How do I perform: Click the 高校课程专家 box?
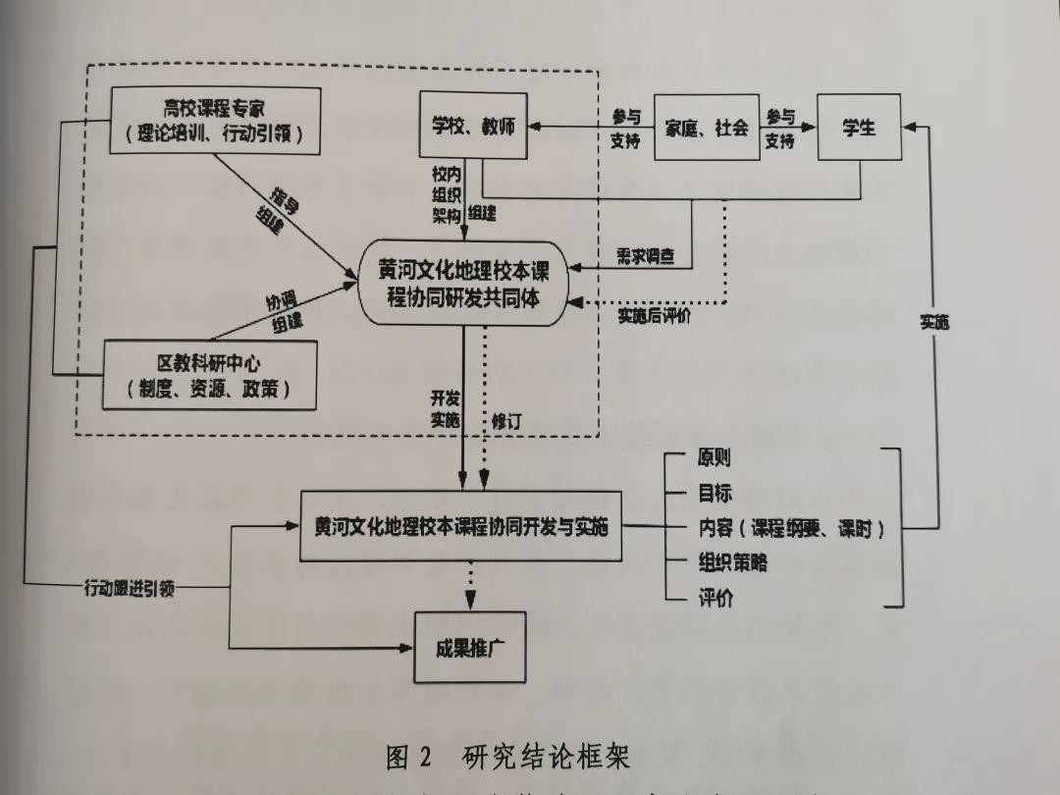pyautogui.click(x=215, y=120)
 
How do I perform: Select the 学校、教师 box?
pyautogui.click(x=473, y=127)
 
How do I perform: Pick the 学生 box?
pyautogui.click(x=859, y=128)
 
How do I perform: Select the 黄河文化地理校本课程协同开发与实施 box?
pyautogui.click(x=461, y=527)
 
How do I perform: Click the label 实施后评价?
pyautogui.click(x=655, y=316)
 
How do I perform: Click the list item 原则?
pyautogui.click(x=714, y=458)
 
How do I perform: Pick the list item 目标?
pyautogui.click(x=715, y=494)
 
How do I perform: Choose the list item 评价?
pyautogui.click(x=715, y=598)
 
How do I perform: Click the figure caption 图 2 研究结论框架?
pyautogui.click(x=507, y=758)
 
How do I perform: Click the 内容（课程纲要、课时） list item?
pyautogui.click(x=791, y=528)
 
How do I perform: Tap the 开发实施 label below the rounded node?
pyautogui.click(x=445, y=409)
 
